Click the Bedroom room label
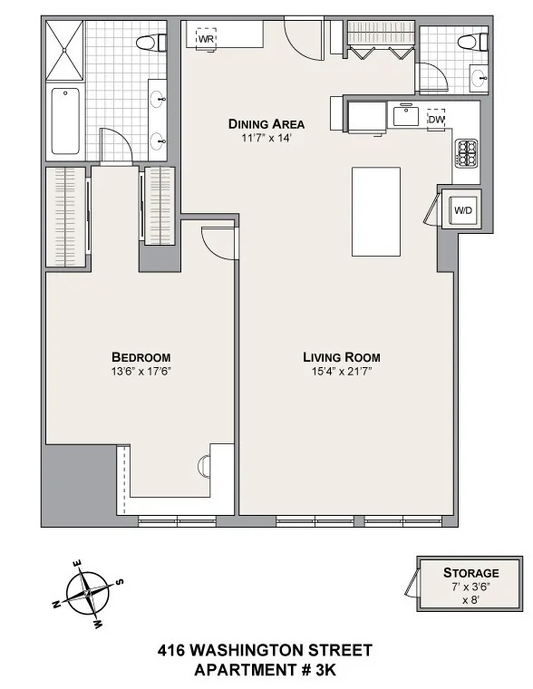(x=141, y=357)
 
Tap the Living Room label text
(x=341, y=357)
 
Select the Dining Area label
(x=266, y=124)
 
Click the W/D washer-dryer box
(x=463, y=211)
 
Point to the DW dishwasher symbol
(x=436, y=119)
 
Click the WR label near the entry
(x=206, y=40)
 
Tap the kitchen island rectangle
(x=375, y=211)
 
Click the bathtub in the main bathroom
(x=66, y=121)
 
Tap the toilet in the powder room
(x=467, y=41)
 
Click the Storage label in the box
(x=470, y=572)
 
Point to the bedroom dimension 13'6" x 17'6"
(x=141, y=371)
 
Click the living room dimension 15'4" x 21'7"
(x=341, y=371)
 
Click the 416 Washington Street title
(x=265, y=650)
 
